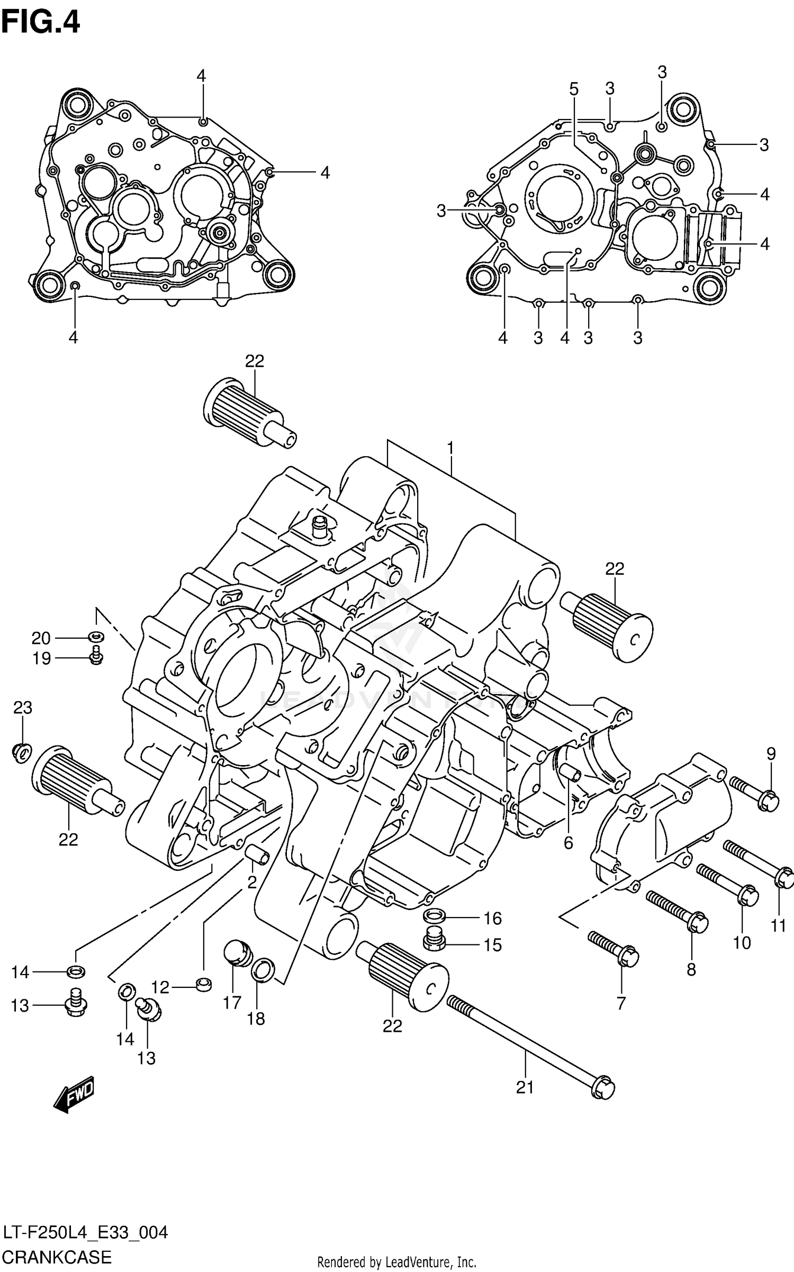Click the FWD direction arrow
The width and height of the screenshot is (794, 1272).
74,1093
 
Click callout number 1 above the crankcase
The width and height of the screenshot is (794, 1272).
450,449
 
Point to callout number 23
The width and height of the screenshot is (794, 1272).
22,707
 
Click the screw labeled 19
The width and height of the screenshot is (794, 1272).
96,655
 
